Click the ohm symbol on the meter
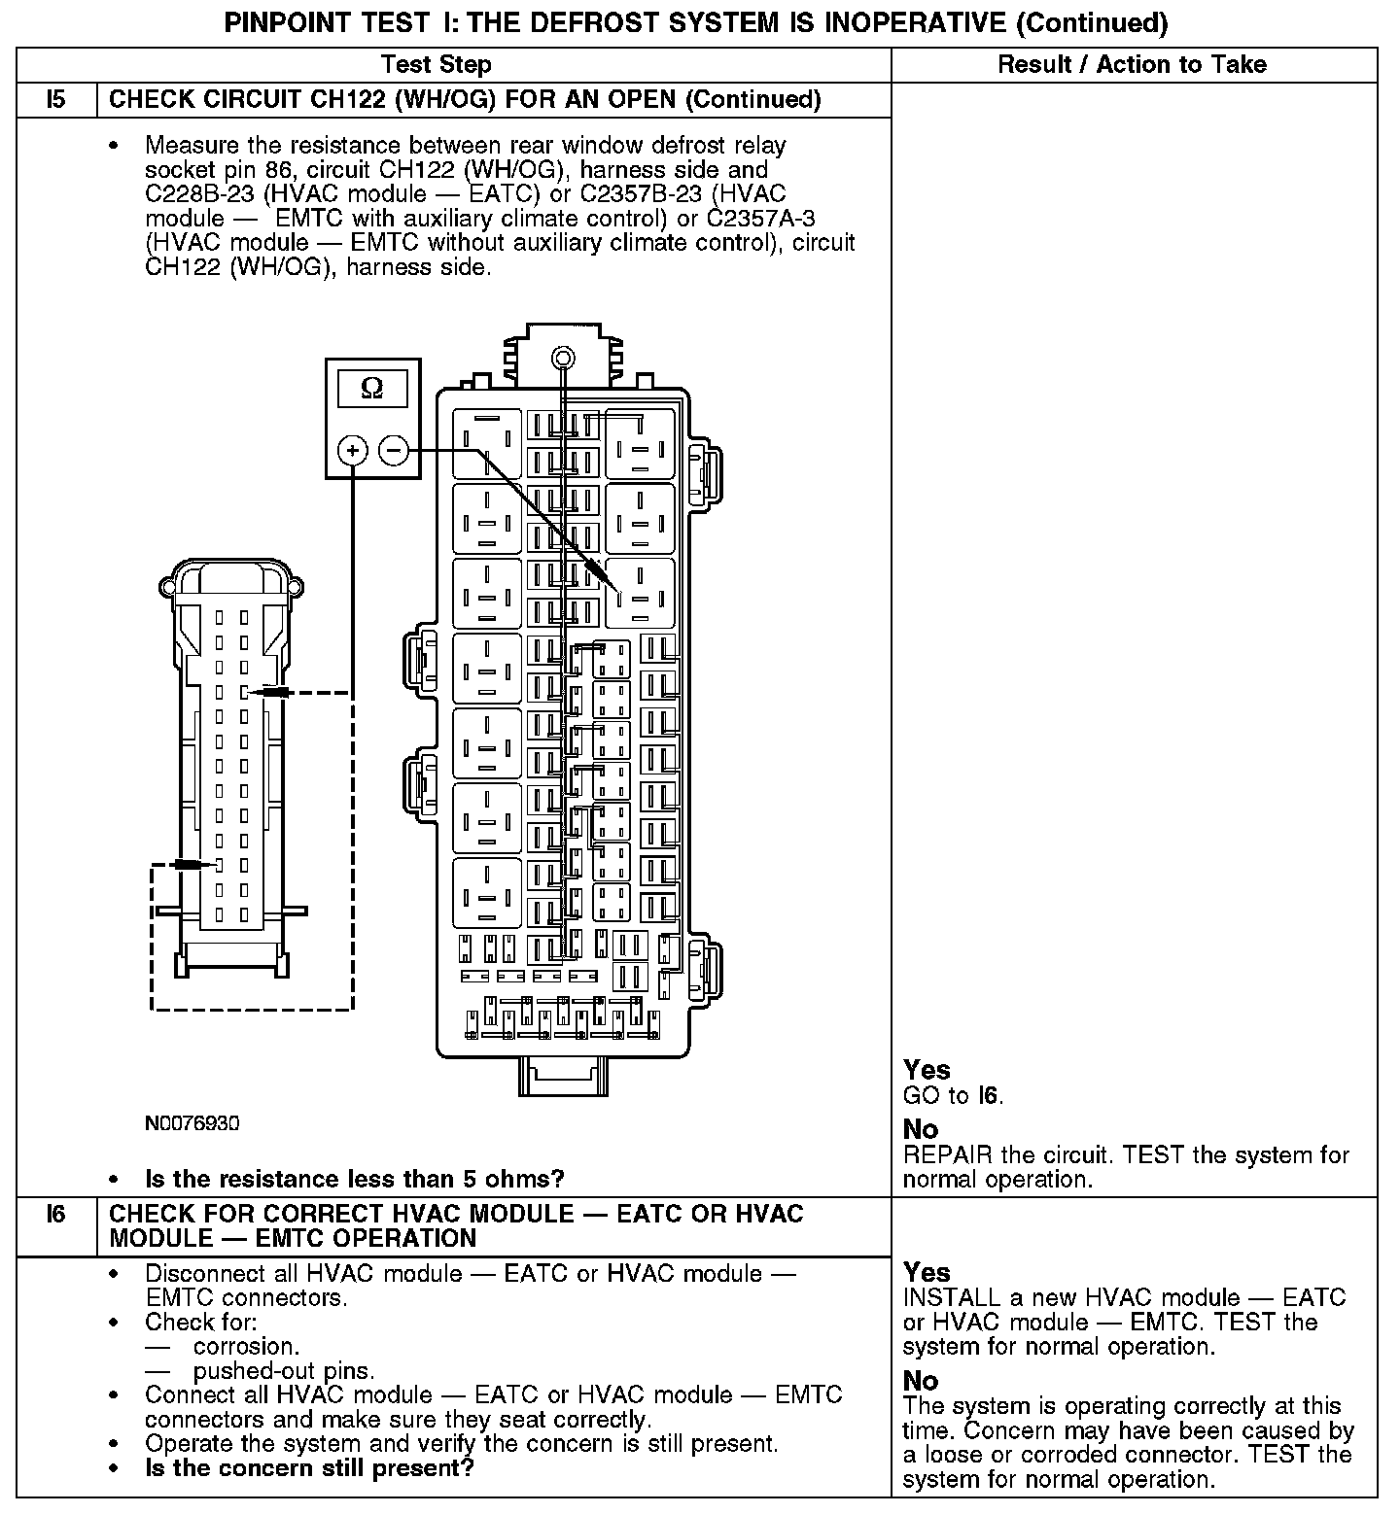[x=372, y=389]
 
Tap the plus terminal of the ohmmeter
[x=352, y=451]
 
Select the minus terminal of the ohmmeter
[x=393, y=450]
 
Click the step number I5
[x=56, y=100]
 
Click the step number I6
[x=56, y=1214]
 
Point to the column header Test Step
[x=437, y=65]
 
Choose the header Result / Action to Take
[x=1133, y=65]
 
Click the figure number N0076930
[x=192, y=1124]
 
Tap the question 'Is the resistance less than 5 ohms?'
[x=354, y=1179]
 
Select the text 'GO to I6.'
[x=953, y=1096]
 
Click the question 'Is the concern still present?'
[x=308, y=1467]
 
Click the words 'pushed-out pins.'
[x=283, y=1371]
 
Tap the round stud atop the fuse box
[x=561, y=358]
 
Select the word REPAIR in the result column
[x=947, y=1155]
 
